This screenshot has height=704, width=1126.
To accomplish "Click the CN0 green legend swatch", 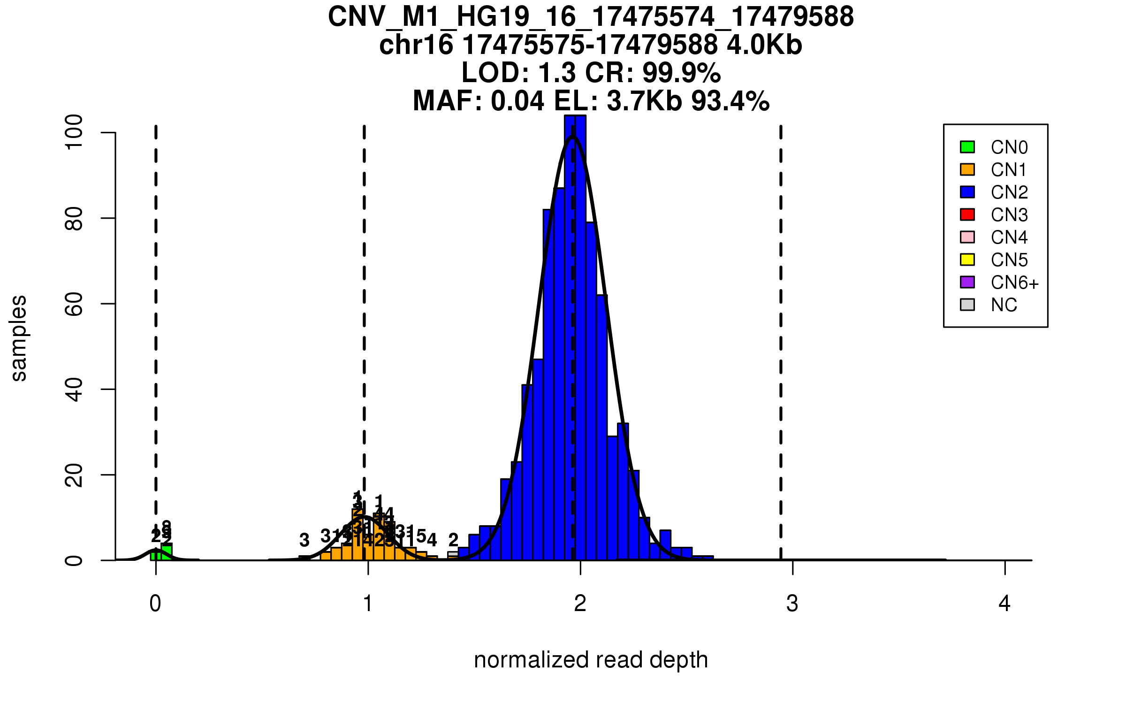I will click(967, 147).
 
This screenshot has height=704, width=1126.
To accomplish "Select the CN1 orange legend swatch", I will click(967, 169).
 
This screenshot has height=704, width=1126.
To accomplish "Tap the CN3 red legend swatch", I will click(967, 214).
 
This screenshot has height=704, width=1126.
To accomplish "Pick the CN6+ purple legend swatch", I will click(967, 282).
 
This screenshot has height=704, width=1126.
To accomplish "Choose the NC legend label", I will click(1004, 305).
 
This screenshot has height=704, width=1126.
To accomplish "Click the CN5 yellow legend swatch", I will click(967, 260).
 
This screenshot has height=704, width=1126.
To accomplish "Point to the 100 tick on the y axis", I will click(108, 133).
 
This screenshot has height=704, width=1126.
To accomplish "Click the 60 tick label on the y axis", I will click(74, 304).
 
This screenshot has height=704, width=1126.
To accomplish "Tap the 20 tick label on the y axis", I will click(74, 475).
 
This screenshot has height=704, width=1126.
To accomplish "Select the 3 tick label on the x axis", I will click(792, 604).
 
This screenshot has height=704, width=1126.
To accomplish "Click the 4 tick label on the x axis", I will click(1004, 604).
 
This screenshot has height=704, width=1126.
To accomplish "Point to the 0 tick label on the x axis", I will click(155, 604).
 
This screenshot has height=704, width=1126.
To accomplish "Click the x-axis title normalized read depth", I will click(591, 660).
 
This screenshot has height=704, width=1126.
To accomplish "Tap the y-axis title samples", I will click(19, 338).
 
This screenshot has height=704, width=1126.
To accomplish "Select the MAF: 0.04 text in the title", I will click(479, 101).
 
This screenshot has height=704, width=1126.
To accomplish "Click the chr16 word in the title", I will click(416, 45).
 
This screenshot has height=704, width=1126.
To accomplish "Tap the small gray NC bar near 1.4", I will click(453, 554).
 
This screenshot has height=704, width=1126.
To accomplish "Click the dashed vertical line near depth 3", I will click(781, 329).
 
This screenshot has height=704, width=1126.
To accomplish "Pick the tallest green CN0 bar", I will click(167, 552).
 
